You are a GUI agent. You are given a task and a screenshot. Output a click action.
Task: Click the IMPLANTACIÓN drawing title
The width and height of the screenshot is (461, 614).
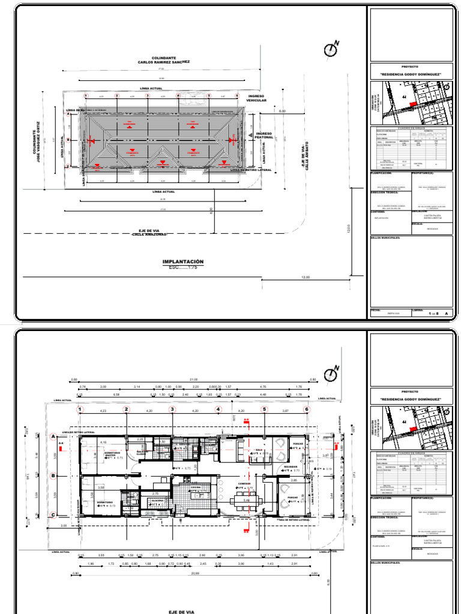tap(183, 262)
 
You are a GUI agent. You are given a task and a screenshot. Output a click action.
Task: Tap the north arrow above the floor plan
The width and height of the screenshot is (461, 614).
tap(331, 375)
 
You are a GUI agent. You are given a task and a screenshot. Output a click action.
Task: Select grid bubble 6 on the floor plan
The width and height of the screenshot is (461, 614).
tap(307, 410)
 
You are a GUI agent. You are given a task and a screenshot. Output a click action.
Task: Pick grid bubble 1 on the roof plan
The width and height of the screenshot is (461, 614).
tap(86, 95)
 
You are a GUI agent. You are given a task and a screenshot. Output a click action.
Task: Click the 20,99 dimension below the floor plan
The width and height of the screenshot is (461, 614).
tap(193, 573)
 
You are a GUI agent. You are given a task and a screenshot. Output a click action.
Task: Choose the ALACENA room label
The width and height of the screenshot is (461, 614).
tap(158, 499)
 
